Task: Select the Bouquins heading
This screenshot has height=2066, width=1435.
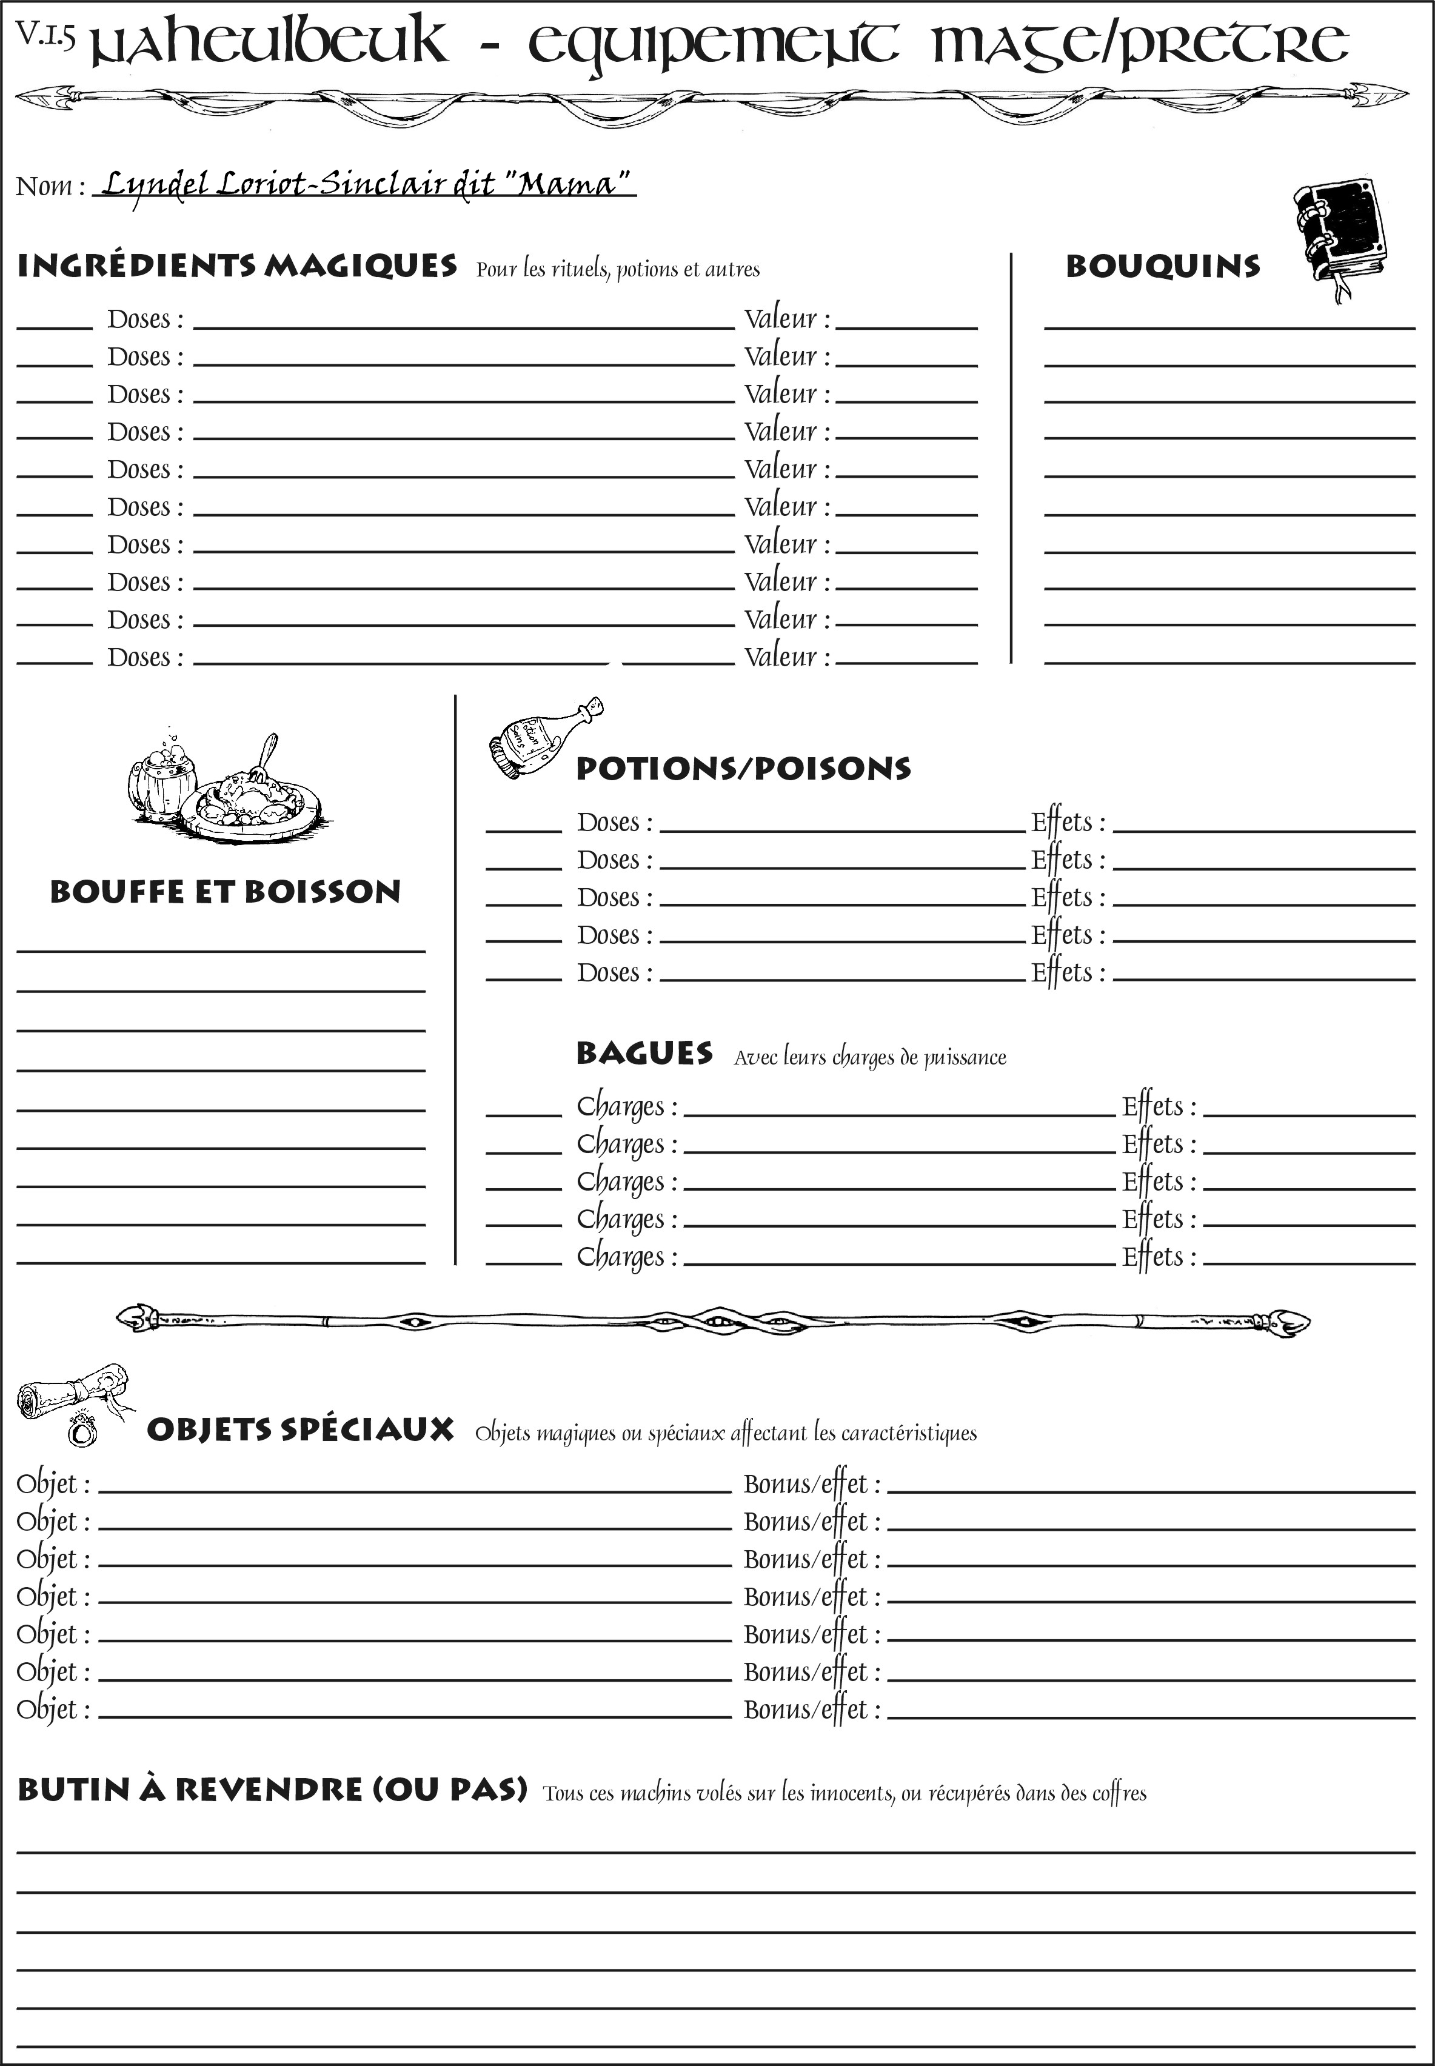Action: coord(1163,266)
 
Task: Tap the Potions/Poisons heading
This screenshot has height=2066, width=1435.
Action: coord(743,769)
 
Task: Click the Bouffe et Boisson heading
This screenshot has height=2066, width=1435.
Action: coord(225,892)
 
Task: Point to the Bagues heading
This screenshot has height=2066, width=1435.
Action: coord(644,1053)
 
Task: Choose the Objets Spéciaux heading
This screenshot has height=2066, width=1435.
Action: coord(300,1429)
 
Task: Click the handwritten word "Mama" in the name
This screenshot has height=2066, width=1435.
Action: coord(566,184)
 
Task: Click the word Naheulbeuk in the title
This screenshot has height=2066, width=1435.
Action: coord(270,43)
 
